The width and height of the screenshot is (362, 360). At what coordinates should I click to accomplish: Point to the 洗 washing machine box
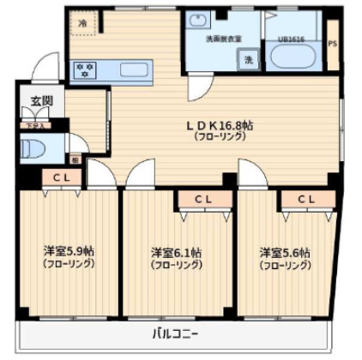[248, 61]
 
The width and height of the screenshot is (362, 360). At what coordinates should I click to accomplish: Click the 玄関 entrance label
[41, 101]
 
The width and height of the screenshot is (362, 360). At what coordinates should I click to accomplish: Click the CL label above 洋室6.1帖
[204, 200]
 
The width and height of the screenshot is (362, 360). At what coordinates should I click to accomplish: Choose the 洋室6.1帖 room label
[177, 252]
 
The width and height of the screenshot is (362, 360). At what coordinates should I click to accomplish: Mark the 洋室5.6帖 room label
[285, 252]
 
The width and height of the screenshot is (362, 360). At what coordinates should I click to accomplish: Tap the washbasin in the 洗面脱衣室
[196, 21]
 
